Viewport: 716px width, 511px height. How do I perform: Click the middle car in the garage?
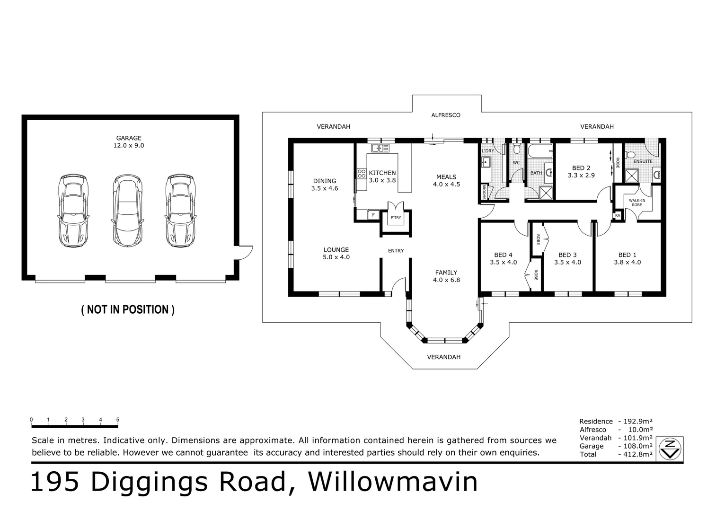(x=128, y=210)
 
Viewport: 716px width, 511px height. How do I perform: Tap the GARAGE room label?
(x=129, y=138)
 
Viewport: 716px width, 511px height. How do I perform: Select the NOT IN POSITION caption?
(x=128, y=309)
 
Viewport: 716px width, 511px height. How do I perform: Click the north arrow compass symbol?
(x=670, y=449)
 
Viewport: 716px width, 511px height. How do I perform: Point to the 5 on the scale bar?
(x=118, y=420)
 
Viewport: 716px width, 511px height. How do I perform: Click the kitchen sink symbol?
(x=380, y=148)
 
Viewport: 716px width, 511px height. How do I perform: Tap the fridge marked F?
(x=373, y=215)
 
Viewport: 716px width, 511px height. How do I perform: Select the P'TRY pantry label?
(x=396, y=218)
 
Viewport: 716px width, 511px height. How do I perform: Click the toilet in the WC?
(x=516, y=149)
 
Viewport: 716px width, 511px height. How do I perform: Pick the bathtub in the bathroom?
(x=540, y=151)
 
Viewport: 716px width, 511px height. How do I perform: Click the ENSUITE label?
(x=643, y=161)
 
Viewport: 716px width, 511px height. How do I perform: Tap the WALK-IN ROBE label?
(x=637, y=203)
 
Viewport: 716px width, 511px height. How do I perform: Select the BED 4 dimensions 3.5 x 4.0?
(x=504, y=263)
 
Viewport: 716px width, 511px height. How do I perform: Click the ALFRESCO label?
(x=446, y=115)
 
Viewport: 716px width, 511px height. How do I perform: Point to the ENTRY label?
(x=396, y=251)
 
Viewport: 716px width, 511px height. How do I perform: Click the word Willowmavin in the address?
(x=393, y=482)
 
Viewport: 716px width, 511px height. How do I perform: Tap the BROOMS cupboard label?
(x=484, y=192)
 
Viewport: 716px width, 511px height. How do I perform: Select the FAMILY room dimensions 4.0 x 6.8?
(x=447, y=280)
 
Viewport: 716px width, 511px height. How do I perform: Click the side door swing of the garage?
(x=246, y=253)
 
